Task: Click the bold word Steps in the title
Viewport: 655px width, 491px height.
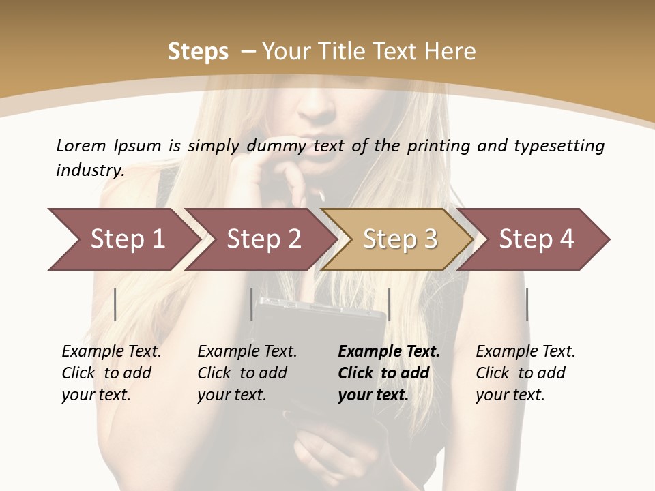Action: point(198,52)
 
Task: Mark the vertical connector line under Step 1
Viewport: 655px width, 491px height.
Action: point(115,304)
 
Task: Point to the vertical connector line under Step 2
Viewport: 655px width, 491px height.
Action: point(252,304)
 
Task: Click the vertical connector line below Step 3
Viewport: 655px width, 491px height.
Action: point(389,304)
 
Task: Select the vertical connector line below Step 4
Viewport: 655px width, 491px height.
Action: point(527,304)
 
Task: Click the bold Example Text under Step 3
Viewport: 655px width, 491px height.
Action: point(389,352)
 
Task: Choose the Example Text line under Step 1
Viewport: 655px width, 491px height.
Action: point(111,352)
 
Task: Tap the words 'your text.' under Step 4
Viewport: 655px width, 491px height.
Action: point(510,395)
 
